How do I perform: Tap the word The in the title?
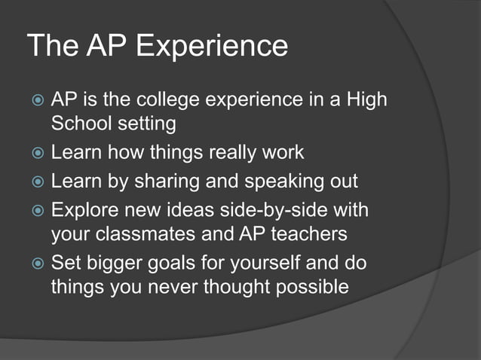coord(53,47)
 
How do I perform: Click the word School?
coord(81,123)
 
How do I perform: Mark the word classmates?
coord(148,234)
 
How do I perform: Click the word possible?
coord(306,287)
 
